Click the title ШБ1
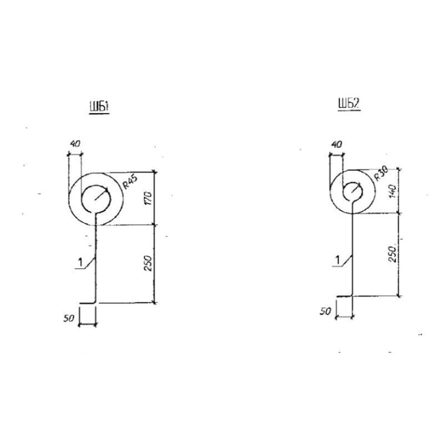click(x=99, y=107)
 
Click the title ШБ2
click(x=349, y=104)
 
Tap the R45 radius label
click(x=130, y=183)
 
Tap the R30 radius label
click(x=381, y=173)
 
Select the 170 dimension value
click(x=148, y=198)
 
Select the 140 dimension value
click(x=392, y=191)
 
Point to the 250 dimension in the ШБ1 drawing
click(x=148, y=263)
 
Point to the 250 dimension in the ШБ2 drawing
click(x=392, y=254)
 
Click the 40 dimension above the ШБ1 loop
click(x=75, y=144)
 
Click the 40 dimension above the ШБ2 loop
click(x=336, y=144)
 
